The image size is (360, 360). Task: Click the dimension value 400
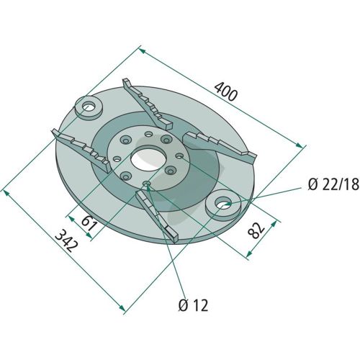(x=226, y=92)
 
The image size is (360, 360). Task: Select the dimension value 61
(x=89, y=223)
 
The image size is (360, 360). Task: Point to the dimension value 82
(x=256, y=230)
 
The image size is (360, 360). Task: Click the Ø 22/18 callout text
(x=333, y=184)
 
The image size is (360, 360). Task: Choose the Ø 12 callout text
(x=193, y=305)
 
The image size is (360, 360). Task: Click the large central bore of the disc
(x=149, y=160)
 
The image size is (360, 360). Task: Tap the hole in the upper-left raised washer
(x=89, y=107)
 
